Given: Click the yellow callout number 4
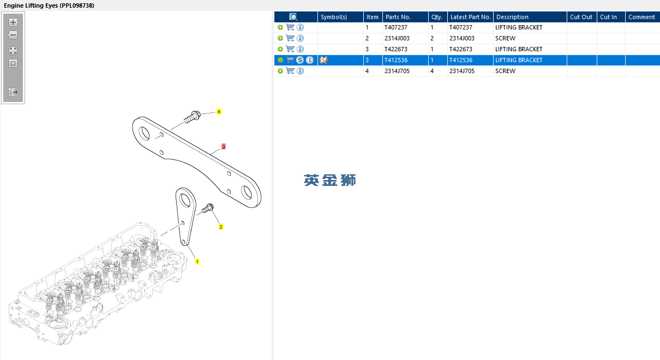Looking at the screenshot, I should pyautogui.click(x=219, y=111).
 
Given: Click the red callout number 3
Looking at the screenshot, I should pyautogui.click(x=223, y=147).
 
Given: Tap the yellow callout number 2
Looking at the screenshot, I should pyautogui.click(x=221, y=227).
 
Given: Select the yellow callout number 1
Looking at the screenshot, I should pyautogui.click(x=197, y=262).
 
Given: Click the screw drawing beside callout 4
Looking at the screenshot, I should pyautogui.click(x=193, y=116).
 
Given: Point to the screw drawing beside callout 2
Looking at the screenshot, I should pyautogui.click(x=208, y=208).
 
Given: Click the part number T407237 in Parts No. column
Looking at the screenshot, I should pyautogui.click(x=395, y=27).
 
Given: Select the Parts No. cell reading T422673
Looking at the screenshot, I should pyautogui.click(x=395, y=49).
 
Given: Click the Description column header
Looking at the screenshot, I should pyautogui.click(x=512, y=17).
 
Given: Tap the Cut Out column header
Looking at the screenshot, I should pyautogui.click(x=581, y=17).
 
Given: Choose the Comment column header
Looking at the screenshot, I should pyautogui.click(x=641, y=17).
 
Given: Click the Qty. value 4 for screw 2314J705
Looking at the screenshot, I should pyautogui.click(x=432, y=71).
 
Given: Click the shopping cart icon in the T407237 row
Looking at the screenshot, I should pyautogui.click(x=290, y=27).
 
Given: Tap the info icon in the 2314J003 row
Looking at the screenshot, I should pyautogui.click(x=300, y=38).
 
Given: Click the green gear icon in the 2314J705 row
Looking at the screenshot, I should pyautogui.click(x=280, y=71).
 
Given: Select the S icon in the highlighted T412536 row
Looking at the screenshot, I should pyautogui.click(x=300, y=60).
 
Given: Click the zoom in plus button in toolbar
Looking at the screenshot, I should pyautogui.click(x=13, y=22).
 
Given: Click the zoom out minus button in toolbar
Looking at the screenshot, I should pyautogui.click(x=13, y=35).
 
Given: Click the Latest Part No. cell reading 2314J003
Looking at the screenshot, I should pyautogui.click(x=461, y=38).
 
